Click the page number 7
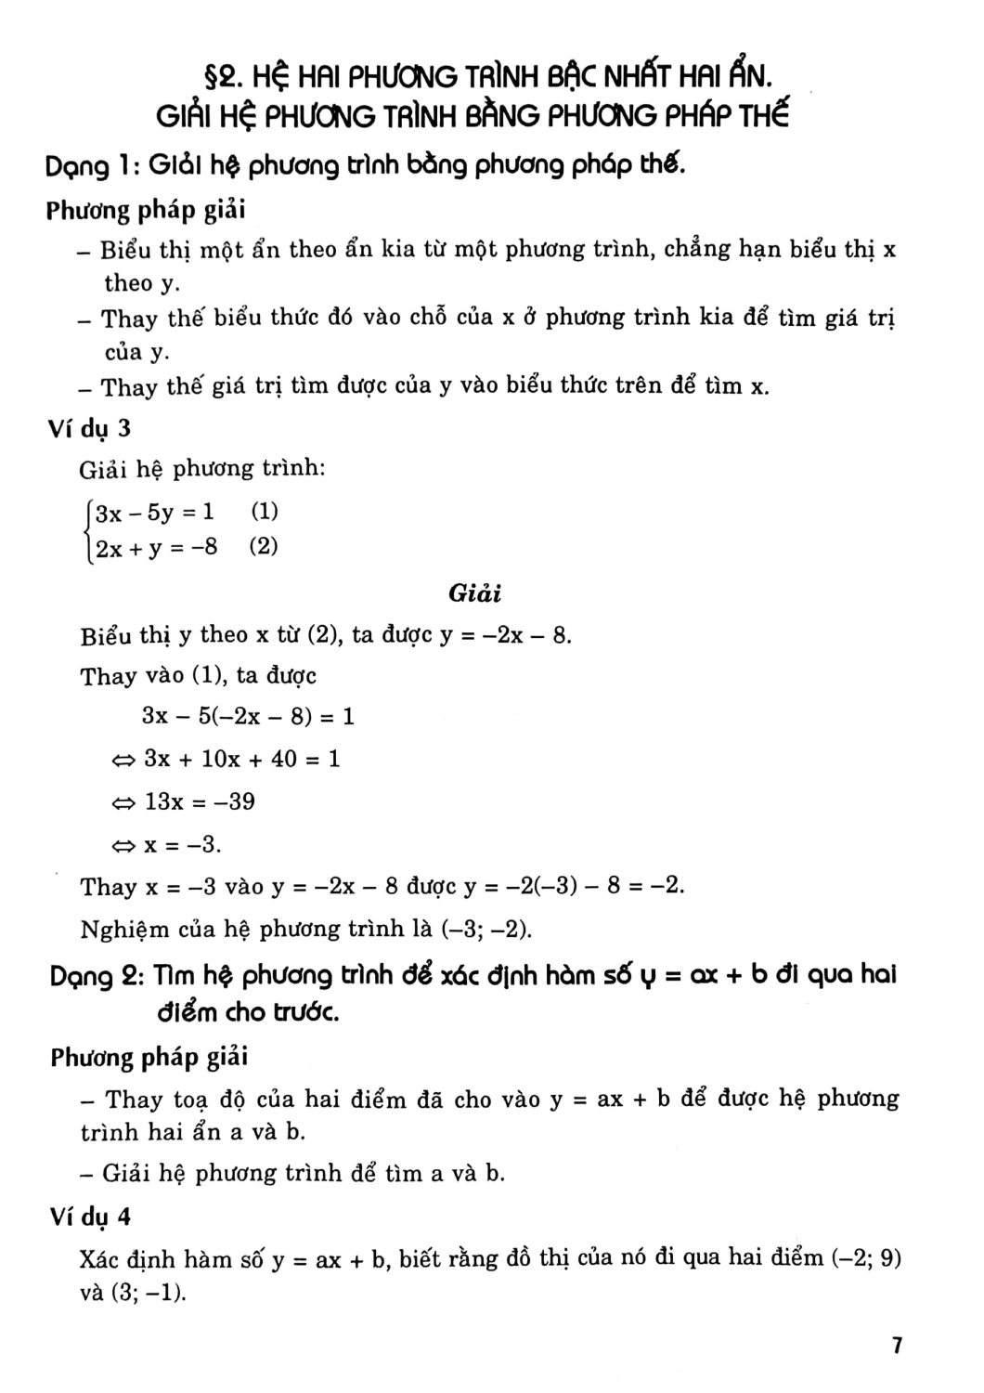(897, 1346)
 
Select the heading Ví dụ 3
(90, 428)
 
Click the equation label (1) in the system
(265, 511)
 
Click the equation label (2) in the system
(264, 546)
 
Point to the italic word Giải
(474, 592)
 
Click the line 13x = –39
(199, 801)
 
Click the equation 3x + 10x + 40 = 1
(241, 759)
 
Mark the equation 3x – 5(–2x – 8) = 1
(248, 716)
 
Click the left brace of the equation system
(87, 529)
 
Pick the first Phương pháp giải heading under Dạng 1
(146, 210)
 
